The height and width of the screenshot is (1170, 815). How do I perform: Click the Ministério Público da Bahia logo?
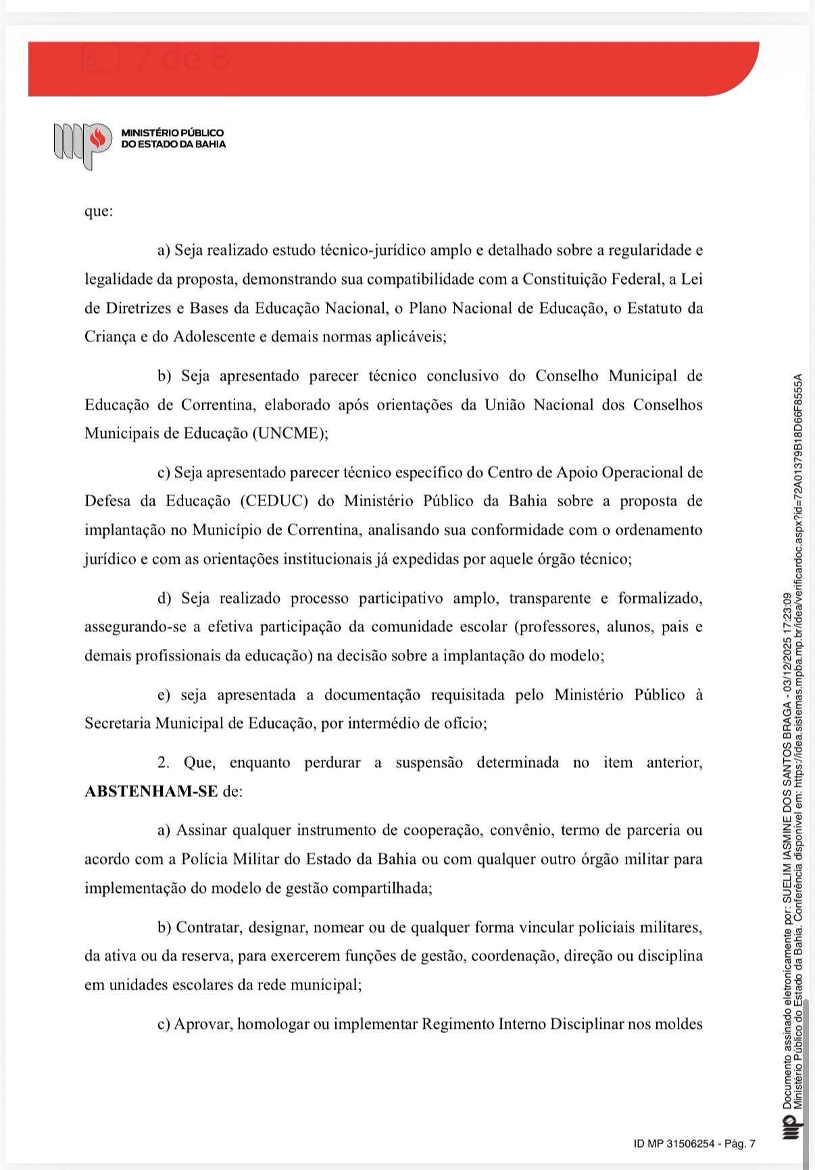[x=82, y=144]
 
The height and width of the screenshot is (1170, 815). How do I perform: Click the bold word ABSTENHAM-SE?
[x=151, y=791]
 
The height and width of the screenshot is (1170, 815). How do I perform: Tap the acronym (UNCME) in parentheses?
[x=290, y=433]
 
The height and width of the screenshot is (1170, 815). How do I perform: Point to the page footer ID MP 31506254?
[x=694, y=1144]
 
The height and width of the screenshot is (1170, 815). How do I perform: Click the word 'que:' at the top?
[x=99, y=211]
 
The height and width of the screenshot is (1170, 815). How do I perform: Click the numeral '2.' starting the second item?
[x=164, y=762]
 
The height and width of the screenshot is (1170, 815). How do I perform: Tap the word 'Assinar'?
[x=201, y=830]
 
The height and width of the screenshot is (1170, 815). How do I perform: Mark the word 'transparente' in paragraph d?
[x=549, y=598]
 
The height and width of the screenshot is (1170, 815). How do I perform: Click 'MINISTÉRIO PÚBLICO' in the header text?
[x=172, y=133]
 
